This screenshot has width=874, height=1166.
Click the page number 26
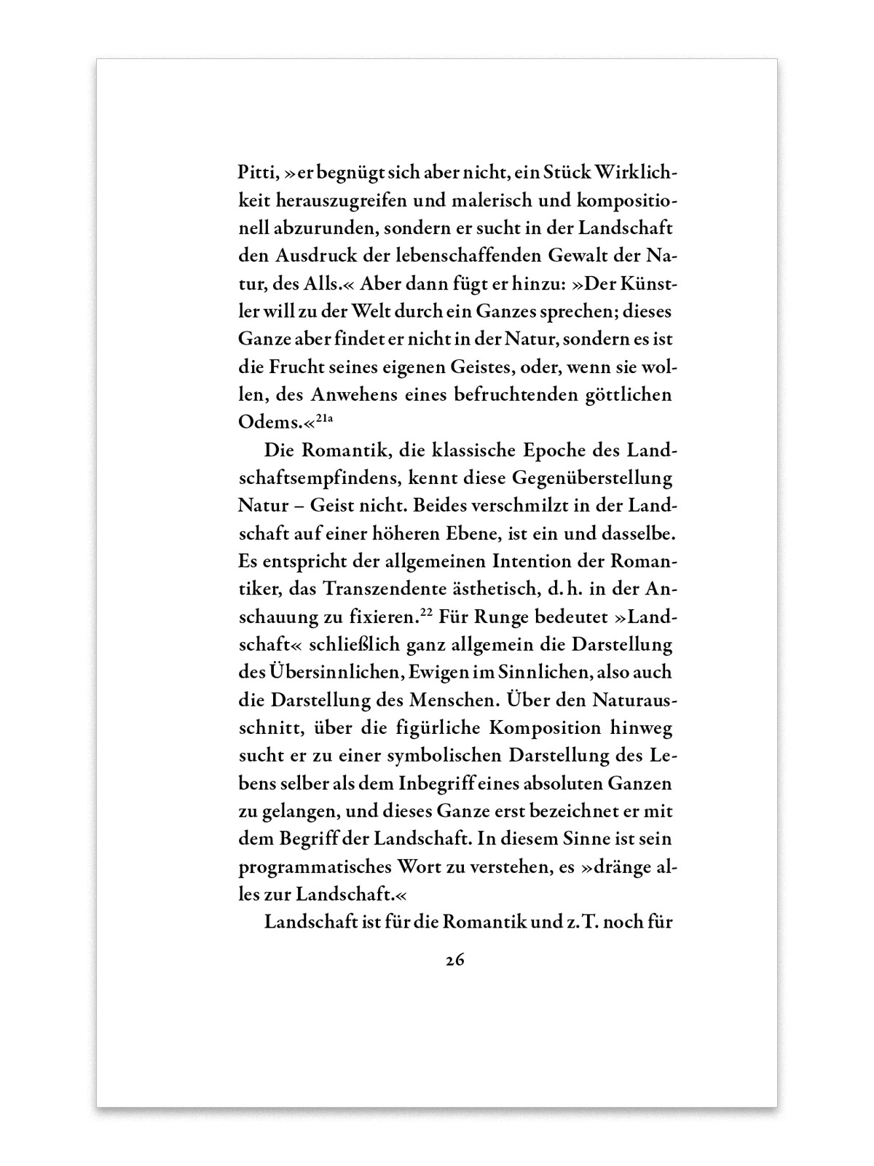point(455,960)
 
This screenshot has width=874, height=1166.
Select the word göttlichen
point(629,396)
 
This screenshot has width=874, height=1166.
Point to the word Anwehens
point(355,396)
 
